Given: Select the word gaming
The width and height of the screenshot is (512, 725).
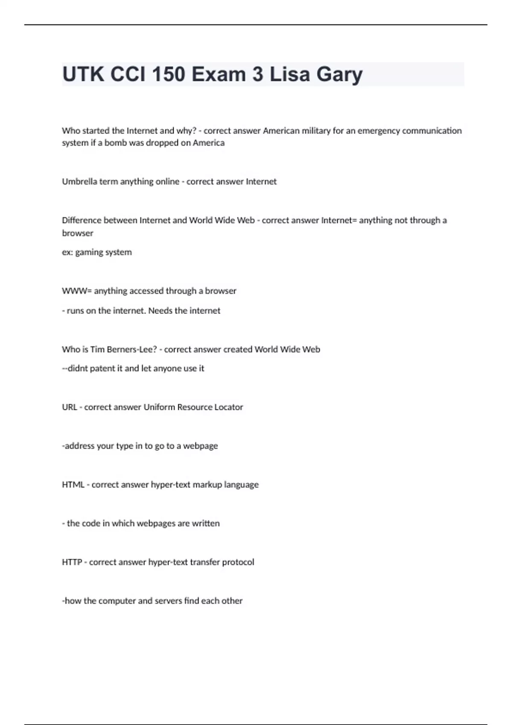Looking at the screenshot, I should tap(89, 252).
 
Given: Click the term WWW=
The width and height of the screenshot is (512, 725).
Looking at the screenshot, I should tap(77, 291).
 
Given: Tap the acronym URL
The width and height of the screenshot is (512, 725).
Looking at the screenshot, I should tap(69, 407).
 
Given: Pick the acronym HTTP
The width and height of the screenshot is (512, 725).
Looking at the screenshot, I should tap(72, 562).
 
